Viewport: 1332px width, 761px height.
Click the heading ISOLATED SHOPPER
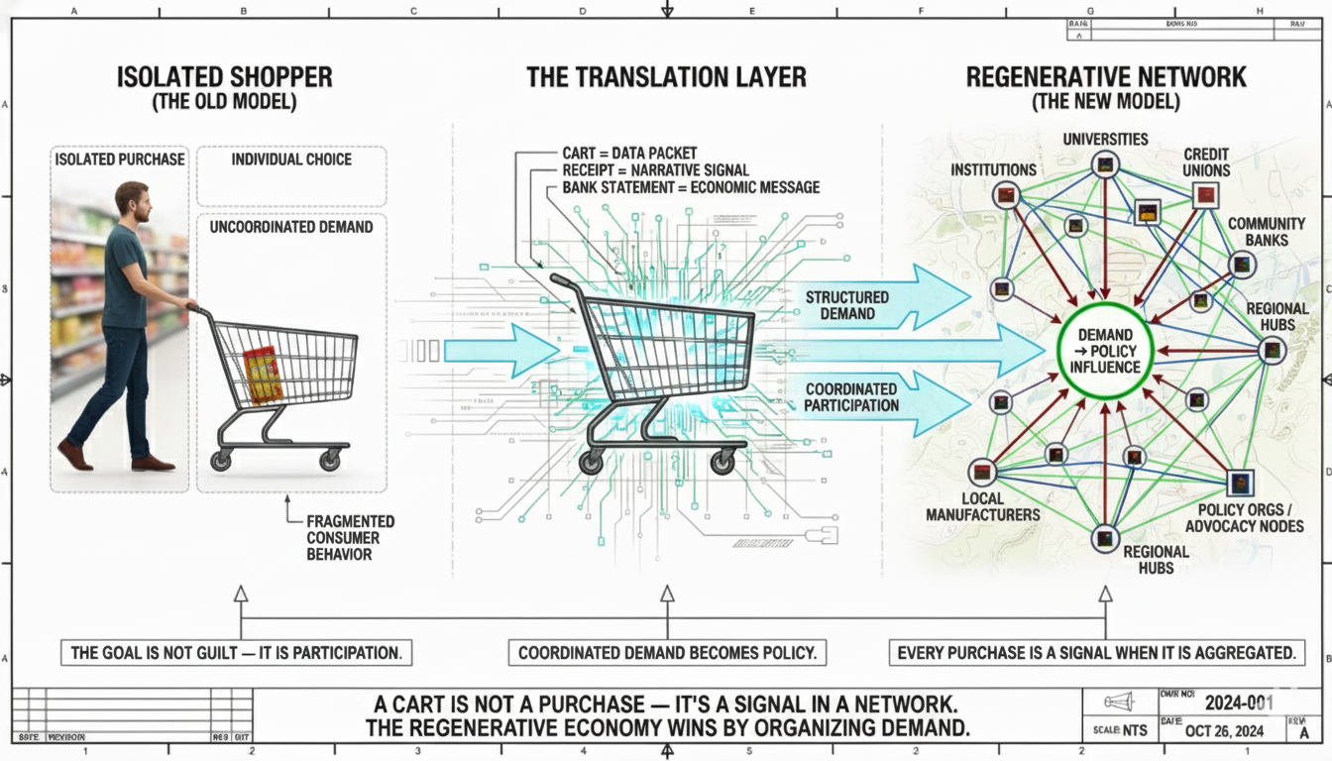coord(225,77)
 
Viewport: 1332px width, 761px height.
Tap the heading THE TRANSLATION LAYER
coord(666,77)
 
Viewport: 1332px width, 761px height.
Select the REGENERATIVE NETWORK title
coord(1106,77)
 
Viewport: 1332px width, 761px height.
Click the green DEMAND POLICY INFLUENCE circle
coord(1104,352)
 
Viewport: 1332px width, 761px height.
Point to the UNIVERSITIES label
coord(1105,140)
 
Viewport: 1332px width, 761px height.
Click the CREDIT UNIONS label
coord(1205,162)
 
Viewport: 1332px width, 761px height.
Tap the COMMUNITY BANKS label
coord(1259,232)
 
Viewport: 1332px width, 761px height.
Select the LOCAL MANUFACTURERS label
coord(983,506)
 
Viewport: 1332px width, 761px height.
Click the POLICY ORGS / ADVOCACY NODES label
coord(1245,517)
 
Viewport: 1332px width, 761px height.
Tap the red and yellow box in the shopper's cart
coord(263,376)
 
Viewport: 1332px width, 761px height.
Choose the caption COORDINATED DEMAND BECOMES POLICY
coord(667,653)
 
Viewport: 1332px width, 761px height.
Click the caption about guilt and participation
coord(236,653)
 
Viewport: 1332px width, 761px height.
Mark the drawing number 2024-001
coord(1238,703)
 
